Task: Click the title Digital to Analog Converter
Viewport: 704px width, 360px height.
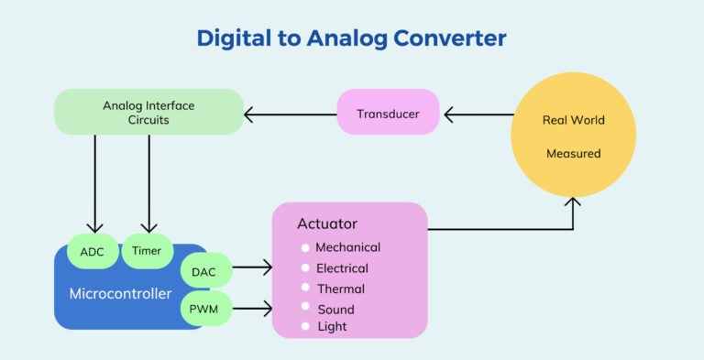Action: tap(351, 39)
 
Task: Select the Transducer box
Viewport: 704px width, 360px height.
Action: tap(388, 114)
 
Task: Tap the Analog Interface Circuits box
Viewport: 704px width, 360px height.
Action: tap(148, 113)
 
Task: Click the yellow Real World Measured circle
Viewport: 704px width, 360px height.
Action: tap(573, 136)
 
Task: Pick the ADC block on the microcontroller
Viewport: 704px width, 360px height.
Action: tap(92, 251)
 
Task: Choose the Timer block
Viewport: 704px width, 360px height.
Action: tap(148, 251)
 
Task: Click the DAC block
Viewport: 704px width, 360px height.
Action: tap(204, 271)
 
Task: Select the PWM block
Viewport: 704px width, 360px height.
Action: tap(204, 309)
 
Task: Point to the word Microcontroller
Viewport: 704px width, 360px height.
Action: tap(121, 294)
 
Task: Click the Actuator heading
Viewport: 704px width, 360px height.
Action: tap(327, 224)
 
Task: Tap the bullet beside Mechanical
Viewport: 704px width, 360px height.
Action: tap(305, 247)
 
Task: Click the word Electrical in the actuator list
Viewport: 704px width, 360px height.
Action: tap(342, 268)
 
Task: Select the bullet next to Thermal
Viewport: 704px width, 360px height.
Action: tap(305, 289)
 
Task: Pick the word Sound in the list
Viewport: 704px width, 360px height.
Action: tap(335, 310)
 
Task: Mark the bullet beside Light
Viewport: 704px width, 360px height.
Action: tap(305, 326)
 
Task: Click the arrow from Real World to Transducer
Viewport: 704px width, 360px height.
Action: tap(477, 115)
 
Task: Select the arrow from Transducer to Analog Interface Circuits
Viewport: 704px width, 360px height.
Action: tap(290, 115)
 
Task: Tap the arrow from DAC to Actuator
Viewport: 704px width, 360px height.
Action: tap(252, 267)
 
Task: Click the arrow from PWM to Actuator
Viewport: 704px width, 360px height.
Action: tap(252, 308)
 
